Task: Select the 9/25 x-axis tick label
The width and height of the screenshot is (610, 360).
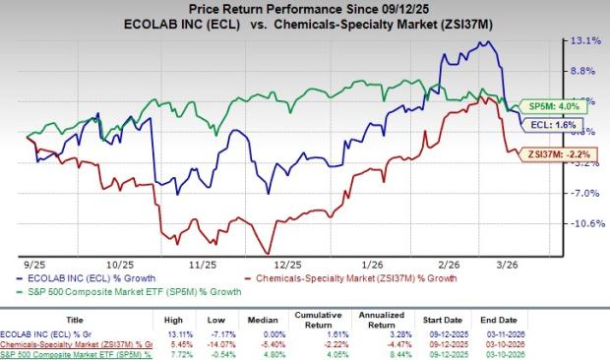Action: pos(34,264)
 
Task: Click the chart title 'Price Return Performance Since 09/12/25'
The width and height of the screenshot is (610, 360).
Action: pos(305,11)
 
